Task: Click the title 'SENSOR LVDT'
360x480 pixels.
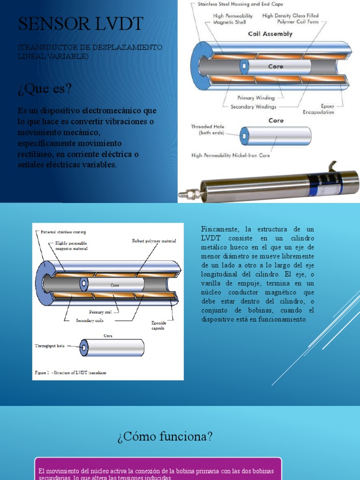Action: pos(80,24)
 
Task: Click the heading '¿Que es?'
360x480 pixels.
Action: pos(45,88)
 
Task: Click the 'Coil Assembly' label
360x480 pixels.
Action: pos(270,34)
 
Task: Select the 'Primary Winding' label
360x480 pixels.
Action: pos(256,98)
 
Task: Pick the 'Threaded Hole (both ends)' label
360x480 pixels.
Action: pos(208,130)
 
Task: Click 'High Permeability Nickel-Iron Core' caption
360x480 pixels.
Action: pos(231,155)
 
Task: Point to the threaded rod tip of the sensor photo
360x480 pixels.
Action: pos(187,192)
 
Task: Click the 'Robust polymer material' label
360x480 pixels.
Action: pos(154,241)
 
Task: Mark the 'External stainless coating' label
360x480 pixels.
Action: pos(63,232)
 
